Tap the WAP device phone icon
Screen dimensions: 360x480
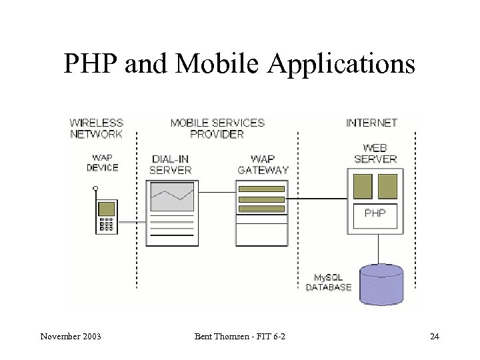click(x=106, y=215)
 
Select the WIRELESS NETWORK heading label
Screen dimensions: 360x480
click(x=97, y=128)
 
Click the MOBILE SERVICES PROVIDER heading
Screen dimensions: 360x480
click(x=217, y=128)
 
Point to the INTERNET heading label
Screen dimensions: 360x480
click(x=372, y=123)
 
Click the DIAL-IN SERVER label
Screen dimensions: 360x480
click(x=171, y=165)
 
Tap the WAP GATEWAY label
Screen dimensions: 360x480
click(x=263, y=165)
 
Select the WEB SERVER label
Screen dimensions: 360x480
click(x=375, y=153)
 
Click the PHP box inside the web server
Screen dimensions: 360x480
click(x=375, y=214)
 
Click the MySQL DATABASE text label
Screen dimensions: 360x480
click(x=328, y=283)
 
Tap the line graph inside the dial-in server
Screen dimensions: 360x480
click(x=171, y=197)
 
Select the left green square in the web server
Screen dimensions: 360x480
click(x=363, y=186)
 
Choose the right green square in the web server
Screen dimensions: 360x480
click(x=387, y=186)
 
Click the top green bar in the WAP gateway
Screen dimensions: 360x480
click(x=261, y=189)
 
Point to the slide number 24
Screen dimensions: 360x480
click(x=435, y=336)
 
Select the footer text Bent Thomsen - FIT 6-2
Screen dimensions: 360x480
click(x=241, y=336)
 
